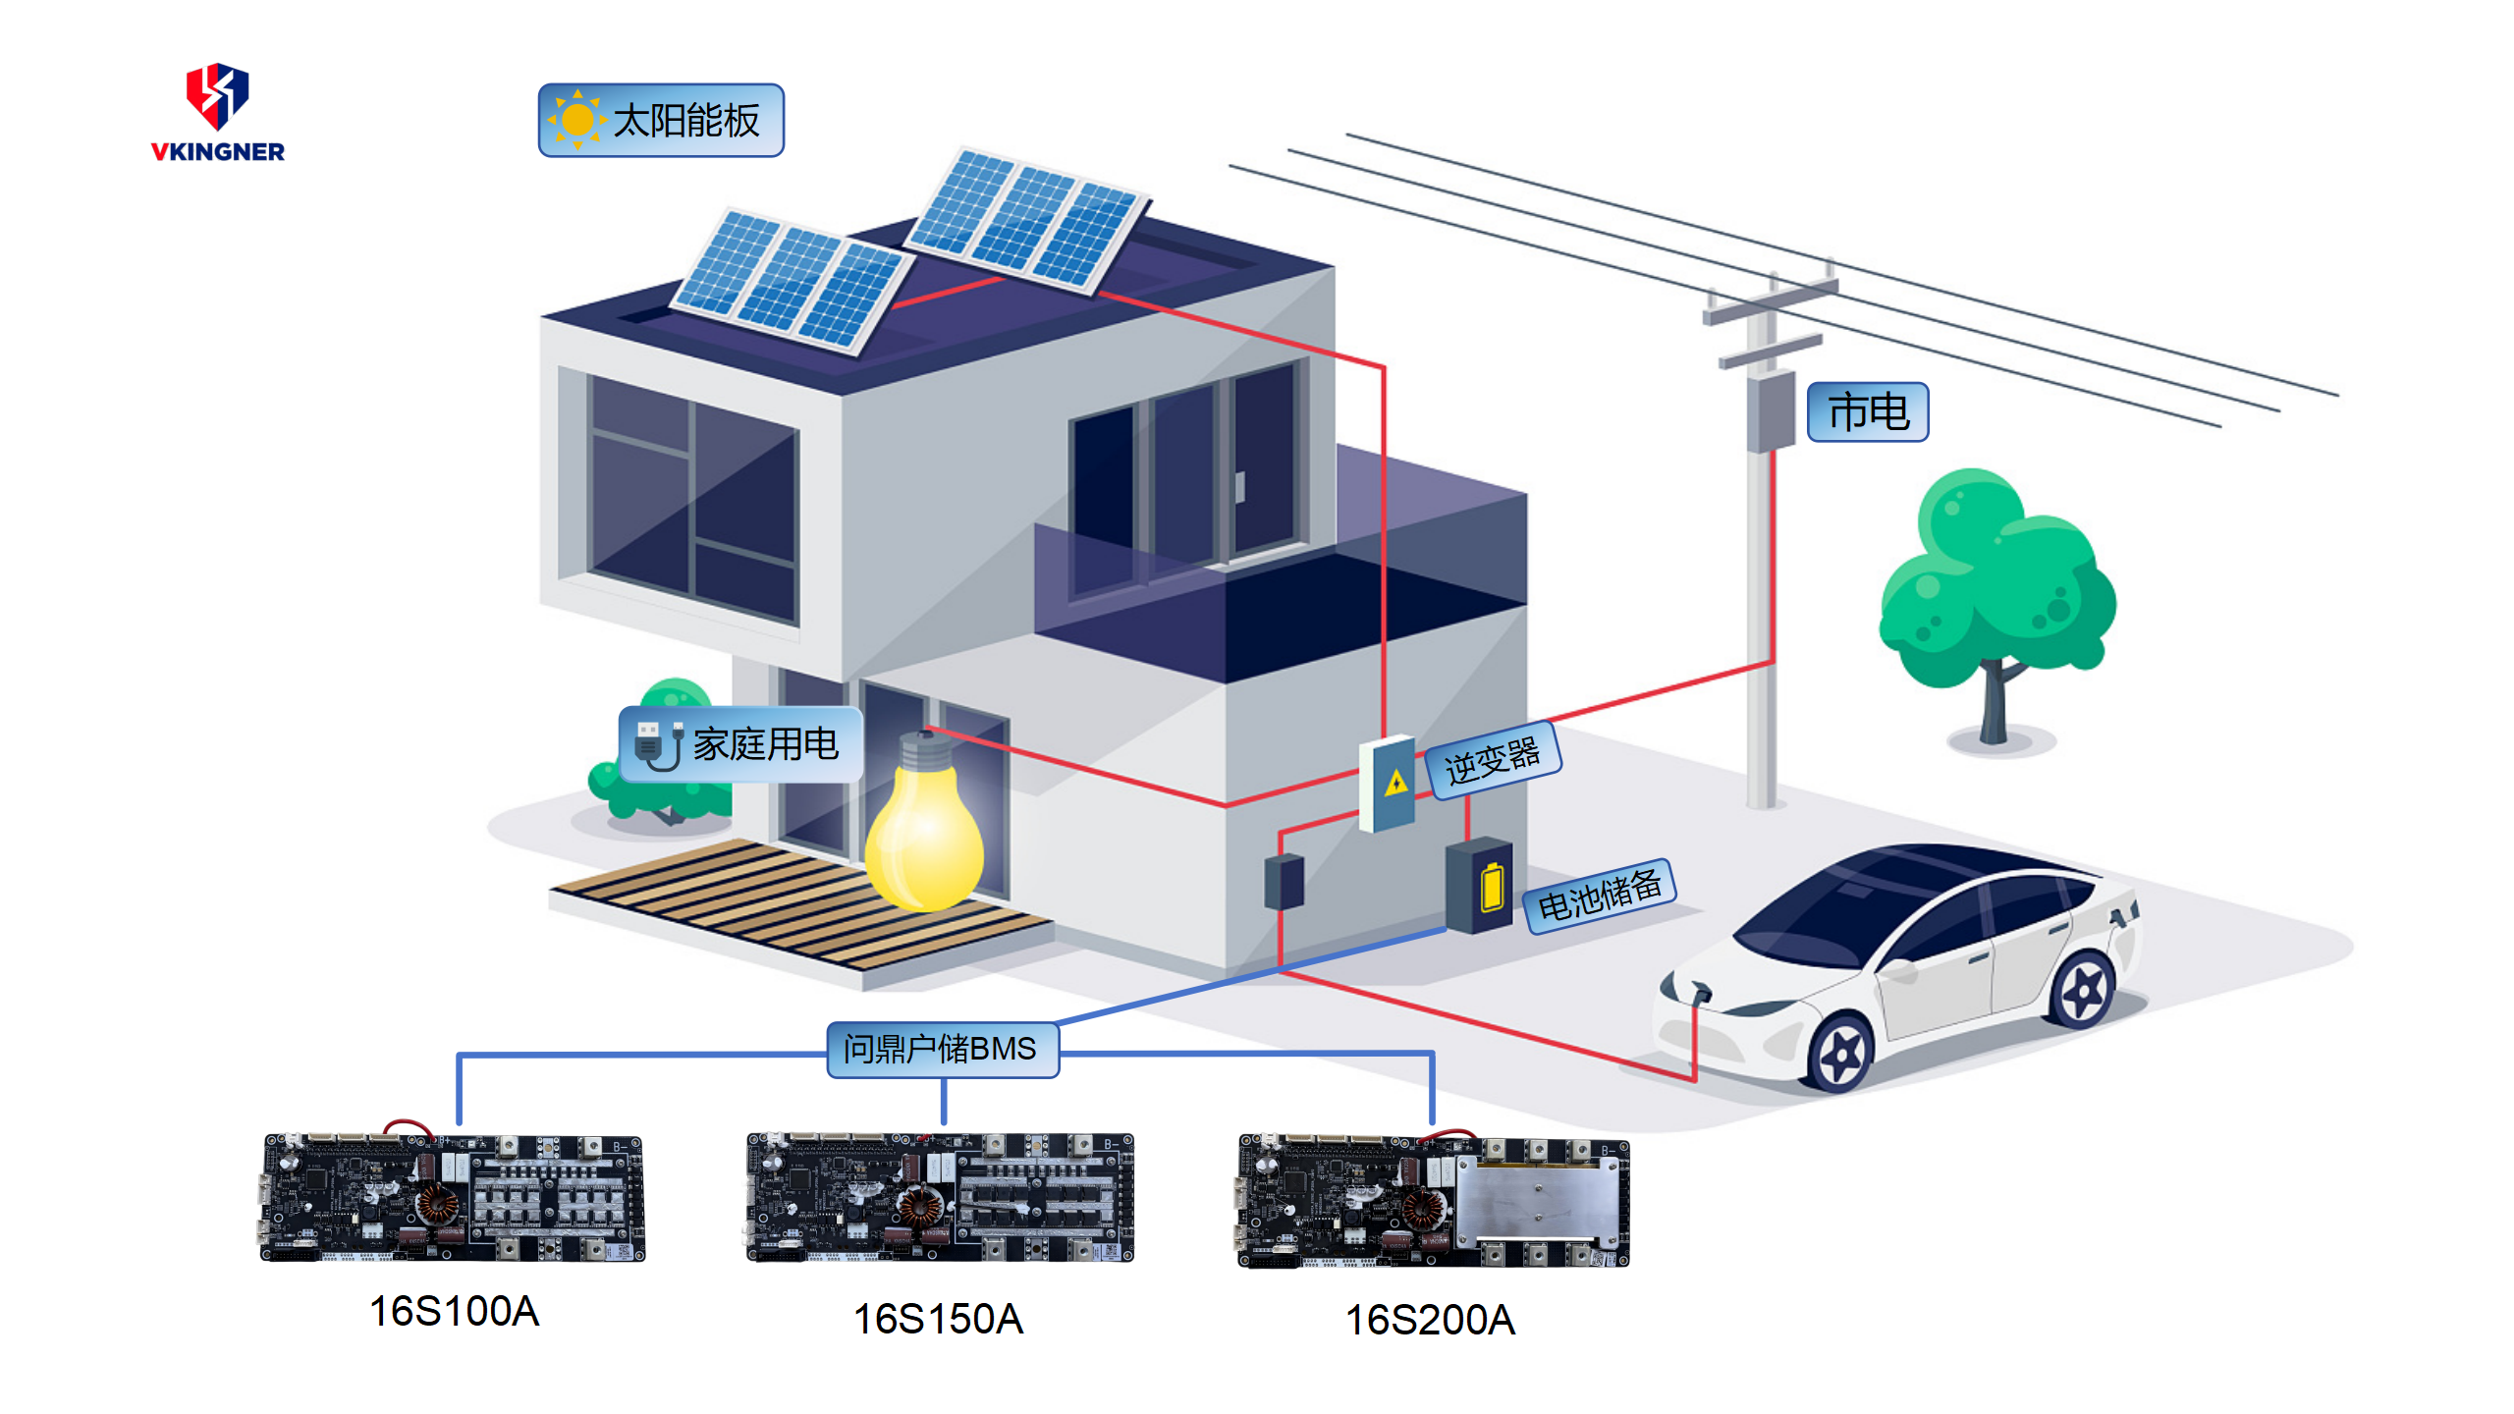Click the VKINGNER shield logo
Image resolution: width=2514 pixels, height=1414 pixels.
coord(217,96)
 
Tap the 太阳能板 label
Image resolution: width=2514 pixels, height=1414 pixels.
coord(661,121)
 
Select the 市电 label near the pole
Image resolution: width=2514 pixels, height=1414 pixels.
coord(1868,412)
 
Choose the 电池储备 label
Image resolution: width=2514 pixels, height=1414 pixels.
coord(1599,895)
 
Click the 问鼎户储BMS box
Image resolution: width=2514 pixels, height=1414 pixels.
coord(942,1049)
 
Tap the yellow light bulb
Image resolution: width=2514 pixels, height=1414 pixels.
coord(924,836)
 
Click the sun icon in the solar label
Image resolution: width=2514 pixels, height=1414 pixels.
coord(577,120)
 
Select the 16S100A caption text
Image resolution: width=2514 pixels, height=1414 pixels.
coord(454,1312)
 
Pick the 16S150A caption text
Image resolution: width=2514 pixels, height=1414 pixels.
coord(938,1319)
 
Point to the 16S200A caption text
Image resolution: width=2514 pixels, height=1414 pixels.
coord(1430,1320)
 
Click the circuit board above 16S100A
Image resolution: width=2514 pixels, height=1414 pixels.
coord(453,1198)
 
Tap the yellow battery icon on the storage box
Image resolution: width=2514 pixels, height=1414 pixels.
coord(1492,887)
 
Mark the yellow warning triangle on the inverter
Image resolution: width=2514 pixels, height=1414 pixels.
coord(1395,783)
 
